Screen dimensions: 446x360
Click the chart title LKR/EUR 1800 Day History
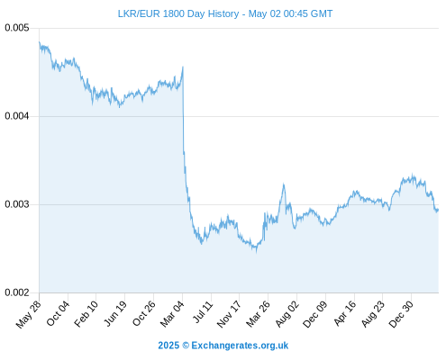[x=178, y=13]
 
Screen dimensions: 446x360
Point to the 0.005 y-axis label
[x=17, y=28]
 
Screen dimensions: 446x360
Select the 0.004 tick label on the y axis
[x=17, y=116]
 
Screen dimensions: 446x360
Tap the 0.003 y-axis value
[x=17, y=204]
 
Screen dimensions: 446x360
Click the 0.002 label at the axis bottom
[x=17, y=292]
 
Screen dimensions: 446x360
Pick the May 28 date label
[x=28, y=314]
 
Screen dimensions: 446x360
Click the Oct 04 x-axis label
[x=58, y=314]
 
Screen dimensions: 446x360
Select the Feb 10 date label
[x=86, y=314]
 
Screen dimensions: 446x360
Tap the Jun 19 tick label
[x=115, y=314]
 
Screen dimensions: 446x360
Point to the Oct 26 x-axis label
[x=144, y=314]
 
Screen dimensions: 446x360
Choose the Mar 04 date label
[x=172, y=314]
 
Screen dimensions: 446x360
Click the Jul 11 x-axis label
[x=203, y=312]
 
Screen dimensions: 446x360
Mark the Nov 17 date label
[x=229, y=314]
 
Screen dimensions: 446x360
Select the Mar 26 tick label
[x=258, y=314]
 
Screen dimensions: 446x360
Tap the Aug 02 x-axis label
[x=287, y=314]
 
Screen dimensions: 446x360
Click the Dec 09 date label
[x=314, y=314]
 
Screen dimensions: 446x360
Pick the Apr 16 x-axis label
[x=345, y=313]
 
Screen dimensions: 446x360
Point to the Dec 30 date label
[x=401, y=314]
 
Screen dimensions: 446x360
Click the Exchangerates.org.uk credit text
[x=240, y=346]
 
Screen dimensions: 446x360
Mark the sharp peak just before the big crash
[x=183, y=67]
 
